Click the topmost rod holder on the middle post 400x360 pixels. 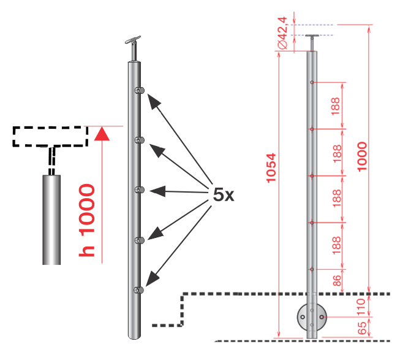(x=139, y=91)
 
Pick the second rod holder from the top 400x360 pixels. (x=139, y=141)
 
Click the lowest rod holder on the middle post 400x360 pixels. (x=139, y=289)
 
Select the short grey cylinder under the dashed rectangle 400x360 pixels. (x=51, y=218)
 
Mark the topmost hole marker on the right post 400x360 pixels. (x=312, y=82)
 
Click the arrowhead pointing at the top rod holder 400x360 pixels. (x=152, y=99)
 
